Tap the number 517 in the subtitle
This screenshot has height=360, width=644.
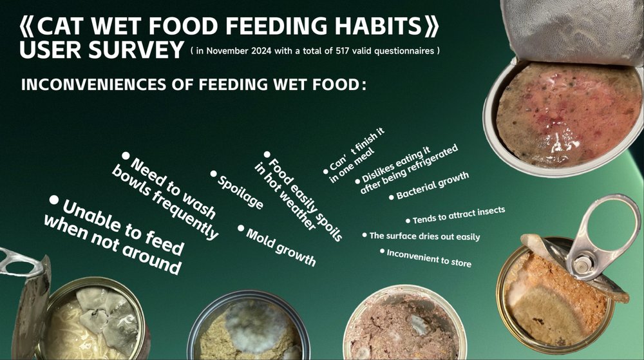click(343, 51)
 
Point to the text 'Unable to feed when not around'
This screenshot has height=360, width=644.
click(113, 235)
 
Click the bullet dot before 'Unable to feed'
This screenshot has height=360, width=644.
click(54, 200)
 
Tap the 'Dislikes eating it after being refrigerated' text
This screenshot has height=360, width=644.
click(408, 169)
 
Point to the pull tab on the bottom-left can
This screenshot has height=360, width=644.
click(20, 263)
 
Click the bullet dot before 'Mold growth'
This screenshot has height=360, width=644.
click(241, 228)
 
